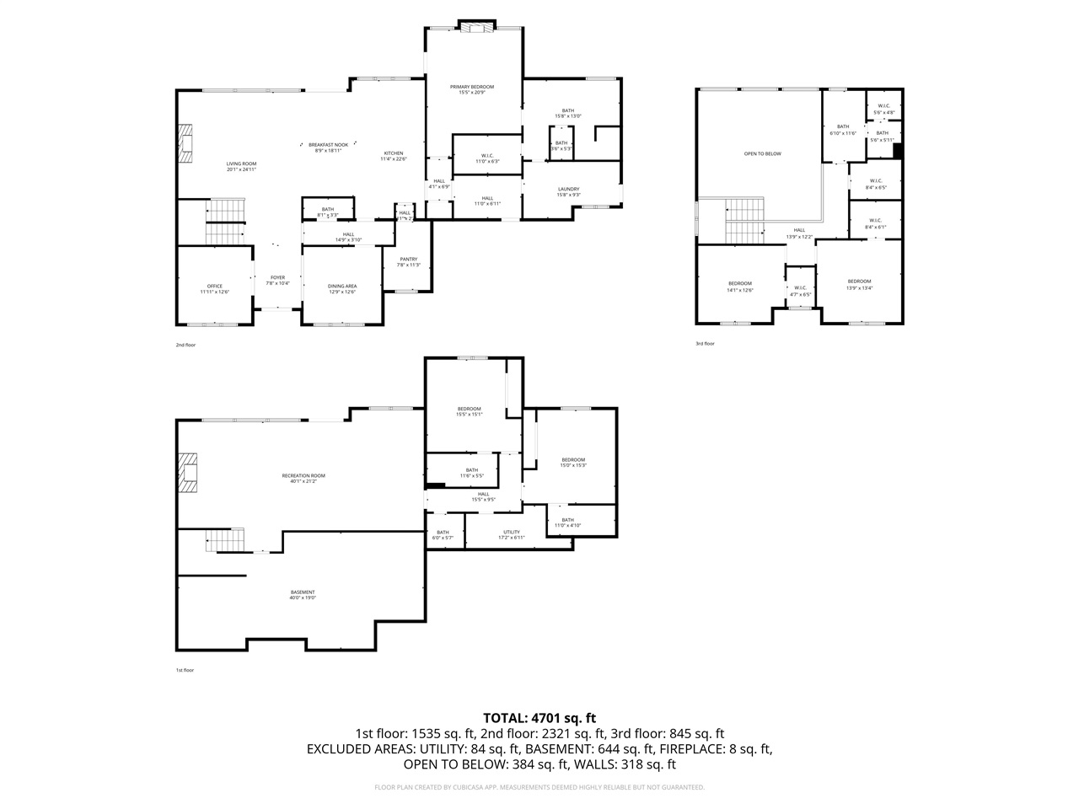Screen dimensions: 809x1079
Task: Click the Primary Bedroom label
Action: (471, 87)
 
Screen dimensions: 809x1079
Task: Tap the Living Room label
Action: (241, 163)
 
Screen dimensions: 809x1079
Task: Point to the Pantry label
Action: (408, 260)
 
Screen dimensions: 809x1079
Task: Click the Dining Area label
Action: (342, 286)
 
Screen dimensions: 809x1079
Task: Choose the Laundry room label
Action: (568, 189)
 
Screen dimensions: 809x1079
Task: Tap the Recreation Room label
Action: (303, 475)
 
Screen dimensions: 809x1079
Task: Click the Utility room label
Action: (511, 532)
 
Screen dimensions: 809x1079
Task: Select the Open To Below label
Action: (762, 153)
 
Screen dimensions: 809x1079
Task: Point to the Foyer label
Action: (277, 277)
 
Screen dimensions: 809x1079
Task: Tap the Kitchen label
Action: (393, 153)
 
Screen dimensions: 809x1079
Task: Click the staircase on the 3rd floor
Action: (745, 220)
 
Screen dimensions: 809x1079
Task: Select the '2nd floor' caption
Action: (185, 345)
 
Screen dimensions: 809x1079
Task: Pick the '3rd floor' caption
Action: (705, 344)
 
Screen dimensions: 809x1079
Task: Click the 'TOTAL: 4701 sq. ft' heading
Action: (539, 718)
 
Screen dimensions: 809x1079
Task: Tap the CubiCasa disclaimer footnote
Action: (539, 787)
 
